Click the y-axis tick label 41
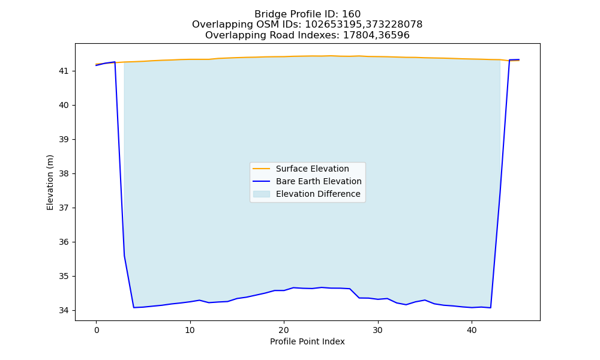[64, 71]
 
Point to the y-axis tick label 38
[64, 173]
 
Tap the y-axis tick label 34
[64, 310]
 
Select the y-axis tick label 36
[64, 242]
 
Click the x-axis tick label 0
[97, 330]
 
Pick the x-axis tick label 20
[284, 330]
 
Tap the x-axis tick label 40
[472, 330]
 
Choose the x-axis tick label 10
[190, 330]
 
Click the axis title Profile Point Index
[307, 341]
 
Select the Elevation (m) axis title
[50, 182]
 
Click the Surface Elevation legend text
[312, 169]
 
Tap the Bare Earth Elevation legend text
[319, 181]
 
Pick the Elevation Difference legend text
[318, 194]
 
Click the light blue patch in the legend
[262, 194]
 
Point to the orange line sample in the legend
[262, 169]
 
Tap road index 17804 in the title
[358, 35]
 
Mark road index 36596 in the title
[393, 35]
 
